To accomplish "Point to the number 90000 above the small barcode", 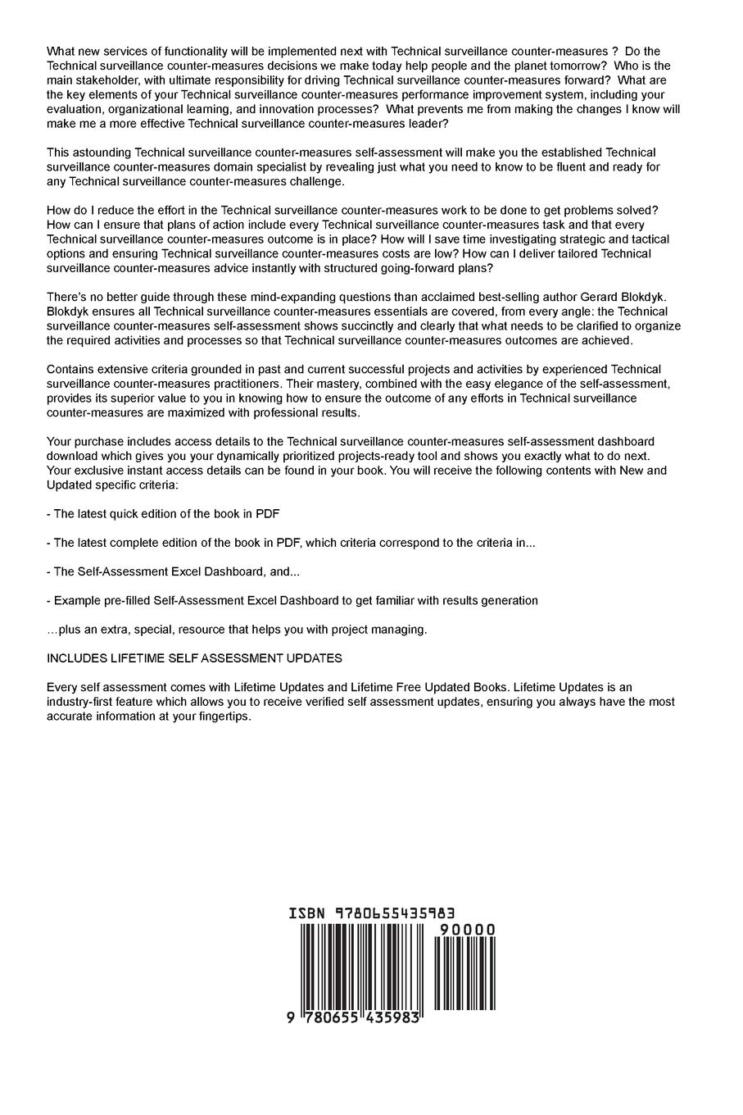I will (x=467, y=930).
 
